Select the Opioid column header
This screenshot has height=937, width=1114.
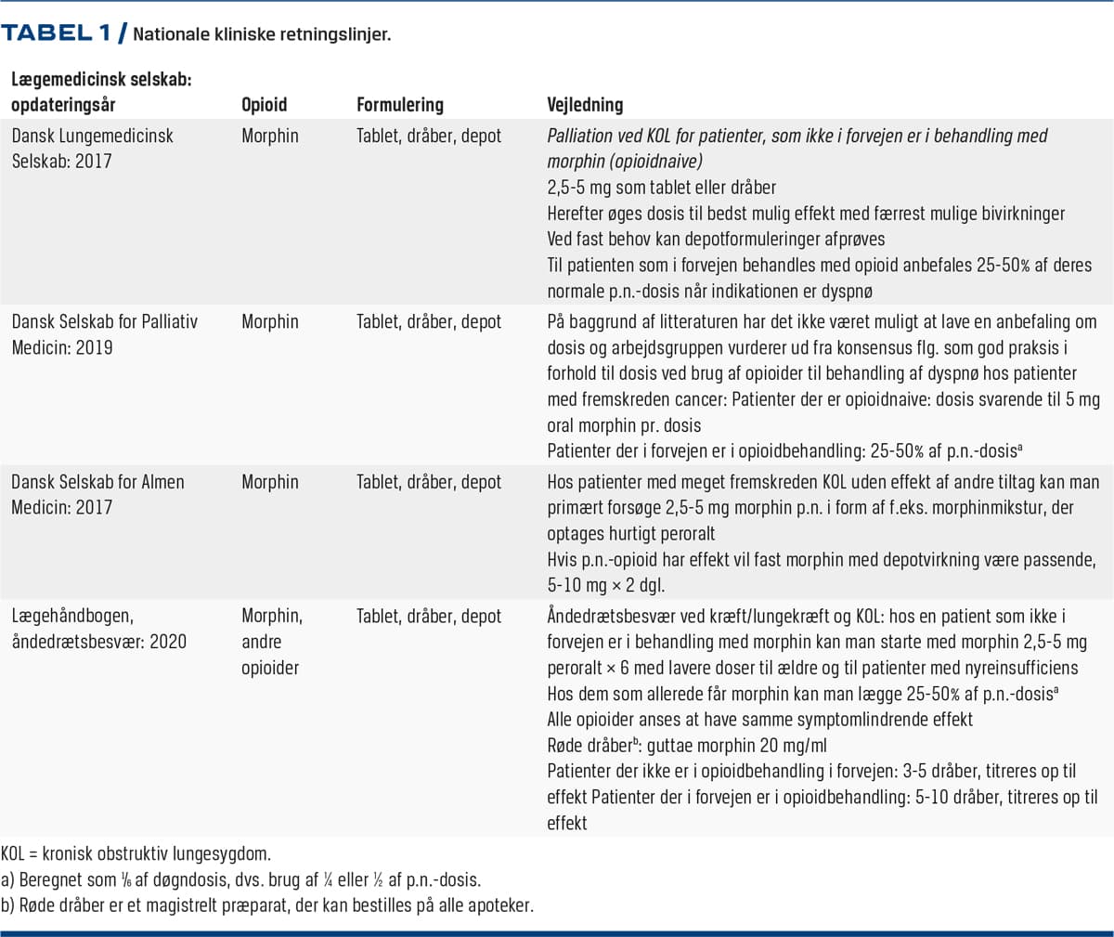(x=265, y=105)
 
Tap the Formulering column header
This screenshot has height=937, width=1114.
(x=400, y=105)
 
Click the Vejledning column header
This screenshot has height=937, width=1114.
(x=585, y=105)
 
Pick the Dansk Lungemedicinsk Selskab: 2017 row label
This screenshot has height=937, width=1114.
(x=92, y=149)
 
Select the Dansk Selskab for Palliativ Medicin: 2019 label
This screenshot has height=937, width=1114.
(x=104, y=334)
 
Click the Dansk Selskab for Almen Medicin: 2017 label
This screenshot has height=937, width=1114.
(x=97, y=495)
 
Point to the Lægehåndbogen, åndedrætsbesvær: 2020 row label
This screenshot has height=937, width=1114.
(x=98, y=629)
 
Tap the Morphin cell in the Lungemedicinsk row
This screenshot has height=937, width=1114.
(x=270, y=136)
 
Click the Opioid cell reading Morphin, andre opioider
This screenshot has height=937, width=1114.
(x=272, y=642)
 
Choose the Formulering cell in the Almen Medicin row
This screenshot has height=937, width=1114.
(x=429, y=482)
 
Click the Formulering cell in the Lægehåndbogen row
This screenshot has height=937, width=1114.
(x=429, y=616)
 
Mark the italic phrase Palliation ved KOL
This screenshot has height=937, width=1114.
(x=617, y=136)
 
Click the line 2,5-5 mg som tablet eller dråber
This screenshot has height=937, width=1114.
(x=662, y=188)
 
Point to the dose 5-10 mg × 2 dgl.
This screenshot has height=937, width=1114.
(x=605, y=586)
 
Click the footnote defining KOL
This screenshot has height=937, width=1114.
(x=136, y=853)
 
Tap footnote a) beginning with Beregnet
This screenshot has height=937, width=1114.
(x=241, y=879)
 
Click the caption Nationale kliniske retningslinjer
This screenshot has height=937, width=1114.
(x=262, y=35)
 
